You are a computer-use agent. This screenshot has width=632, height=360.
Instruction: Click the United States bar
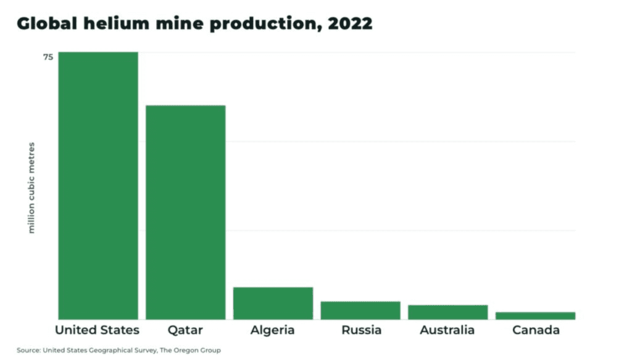(x=98, y=185)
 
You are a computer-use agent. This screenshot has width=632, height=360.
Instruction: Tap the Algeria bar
(x=273, y=303)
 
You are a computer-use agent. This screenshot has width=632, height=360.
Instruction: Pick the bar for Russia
(x=360, y=310)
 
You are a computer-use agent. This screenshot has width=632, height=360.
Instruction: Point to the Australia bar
(x=447, y=312)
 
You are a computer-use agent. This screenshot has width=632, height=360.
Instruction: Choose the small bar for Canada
(x=535, y=316)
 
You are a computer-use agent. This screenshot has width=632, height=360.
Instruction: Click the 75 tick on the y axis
(x=48, y=57)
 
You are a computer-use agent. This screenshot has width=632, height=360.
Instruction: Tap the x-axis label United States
(x=98, y=330)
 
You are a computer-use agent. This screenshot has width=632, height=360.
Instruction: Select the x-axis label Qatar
(x=185, y=330)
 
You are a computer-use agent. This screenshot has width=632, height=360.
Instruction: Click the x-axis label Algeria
(x=272, y=330)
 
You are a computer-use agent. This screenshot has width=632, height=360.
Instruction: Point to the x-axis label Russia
(x=361, y=330)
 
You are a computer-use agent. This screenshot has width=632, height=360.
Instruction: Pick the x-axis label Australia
(x=447, y=330)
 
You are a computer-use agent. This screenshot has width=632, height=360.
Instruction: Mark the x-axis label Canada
(x=536, y=330)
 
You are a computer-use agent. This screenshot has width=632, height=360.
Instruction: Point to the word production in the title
(x=259, y=24)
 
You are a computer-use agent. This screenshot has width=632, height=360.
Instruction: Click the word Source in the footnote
(x=28, y=350)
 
